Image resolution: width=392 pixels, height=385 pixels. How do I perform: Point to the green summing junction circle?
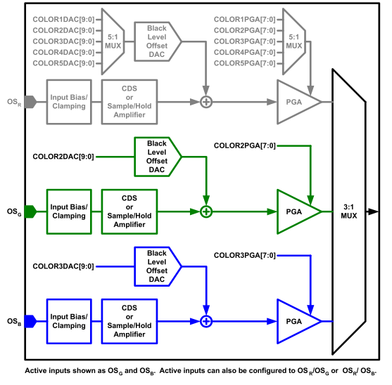point(206,211)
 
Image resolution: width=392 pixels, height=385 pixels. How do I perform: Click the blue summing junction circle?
point(206,321)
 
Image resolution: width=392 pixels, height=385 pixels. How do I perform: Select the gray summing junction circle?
point(206,102)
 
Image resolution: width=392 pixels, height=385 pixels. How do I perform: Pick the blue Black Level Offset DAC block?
point(157,266)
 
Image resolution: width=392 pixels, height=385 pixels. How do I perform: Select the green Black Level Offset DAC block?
point(157,157)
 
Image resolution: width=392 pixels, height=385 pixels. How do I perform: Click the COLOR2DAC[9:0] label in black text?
point(63,157)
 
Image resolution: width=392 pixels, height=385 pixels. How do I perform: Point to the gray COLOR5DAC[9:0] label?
point(63,63)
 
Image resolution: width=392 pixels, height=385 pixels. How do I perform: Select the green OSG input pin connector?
point(30,211)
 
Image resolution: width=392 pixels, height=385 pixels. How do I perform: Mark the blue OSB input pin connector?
point(30,321)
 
